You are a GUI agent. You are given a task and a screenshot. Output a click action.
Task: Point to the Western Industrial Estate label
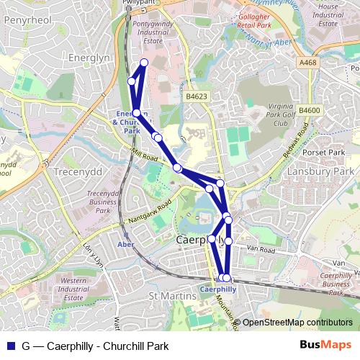point(78,289)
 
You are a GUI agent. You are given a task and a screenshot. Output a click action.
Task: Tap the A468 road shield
point(307,63)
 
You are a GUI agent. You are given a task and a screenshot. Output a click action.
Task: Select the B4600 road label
point(309,109)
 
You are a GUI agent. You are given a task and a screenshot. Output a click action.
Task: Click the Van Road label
point(261,249)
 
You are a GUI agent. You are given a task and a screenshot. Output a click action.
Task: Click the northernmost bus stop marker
point(144,63)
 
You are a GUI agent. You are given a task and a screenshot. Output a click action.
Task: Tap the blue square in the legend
point(10,346)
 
